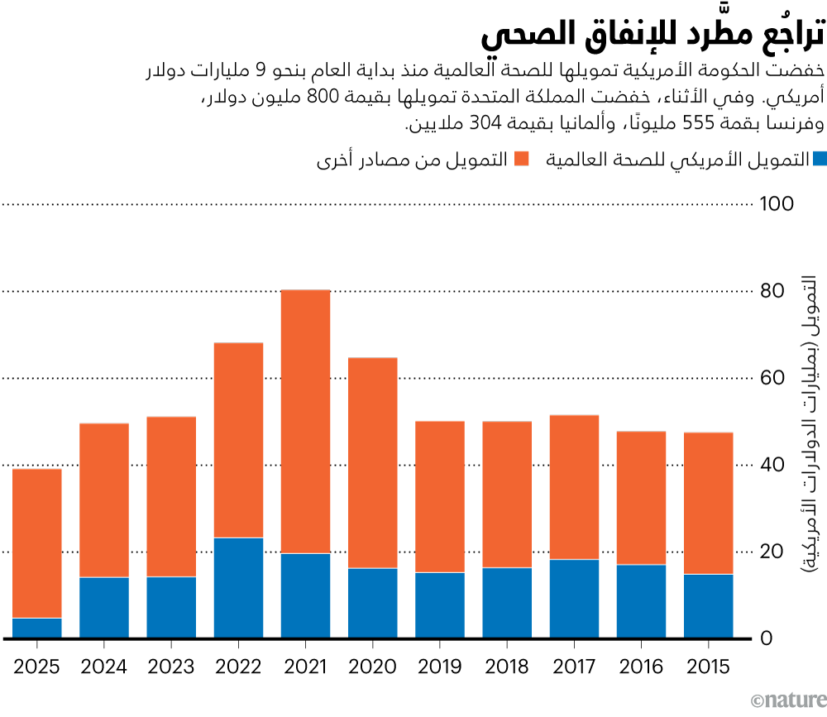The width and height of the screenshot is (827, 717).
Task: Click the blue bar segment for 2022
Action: click(x=238, y=588)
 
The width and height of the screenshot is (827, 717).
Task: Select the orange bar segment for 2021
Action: click(x=305, y=422)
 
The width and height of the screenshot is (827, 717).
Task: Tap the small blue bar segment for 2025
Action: click(x=37, y=628)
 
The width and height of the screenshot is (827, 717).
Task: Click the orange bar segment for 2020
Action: click(x=372, y=463)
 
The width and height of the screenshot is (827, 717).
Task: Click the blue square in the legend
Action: click(x=819, y=159)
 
